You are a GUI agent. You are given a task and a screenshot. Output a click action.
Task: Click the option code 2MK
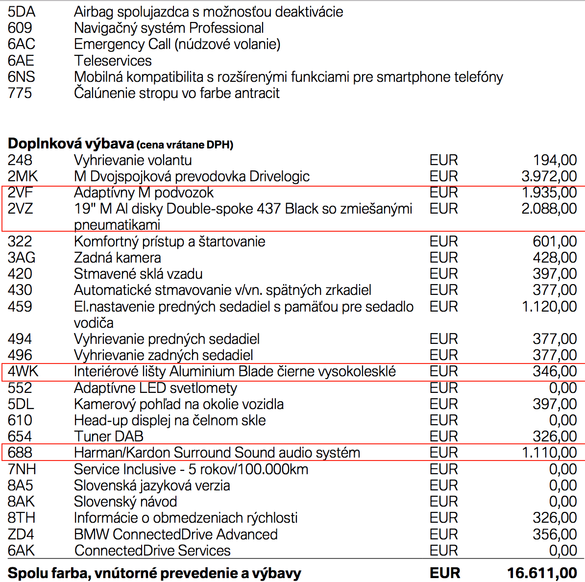(23, 176)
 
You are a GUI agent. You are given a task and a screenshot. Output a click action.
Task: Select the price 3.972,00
(549, 176)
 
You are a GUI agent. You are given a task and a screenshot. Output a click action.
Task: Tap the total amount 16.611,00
(541, 573)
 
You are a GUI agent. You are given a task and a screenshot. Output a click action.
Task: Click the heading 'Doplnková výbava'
(71, 144)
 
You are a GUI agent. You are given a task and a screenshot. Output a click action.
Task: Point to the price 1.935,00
(549, 193)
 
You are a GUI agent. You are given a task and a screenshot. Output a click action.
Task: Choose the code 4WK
(23, 371)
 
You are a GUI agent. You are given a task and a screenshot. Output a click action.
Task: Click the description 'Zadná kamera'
(117, 258)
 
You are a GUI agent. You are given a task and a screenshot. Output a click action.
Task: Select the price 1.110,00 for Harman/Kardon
(549, 453)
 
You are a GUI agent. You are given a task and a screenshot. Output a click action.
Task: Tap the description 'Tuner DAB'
(109, 436)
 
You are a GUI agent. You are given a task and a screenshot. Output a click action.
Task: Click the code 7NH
(22, 469)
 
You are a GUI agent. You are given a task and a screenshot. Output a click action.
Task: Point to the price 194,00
(555, 160)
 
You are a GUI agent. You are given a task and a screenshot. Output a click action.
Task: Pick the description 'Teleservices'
(113, 61)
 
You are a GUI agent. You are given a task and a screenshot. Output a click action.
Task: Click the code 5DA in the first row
(22, 12)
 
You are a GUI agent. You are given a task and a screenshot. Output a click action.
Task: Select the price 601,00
(555, 242)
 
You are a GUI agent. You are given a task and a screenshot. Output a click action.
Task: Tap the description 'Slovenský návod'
(125, 502)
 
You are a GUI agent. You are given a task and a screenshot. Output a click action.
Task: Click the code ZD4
(21, 534)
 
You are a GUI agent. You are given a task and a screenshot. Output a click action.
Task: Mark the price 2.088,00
(549, 209)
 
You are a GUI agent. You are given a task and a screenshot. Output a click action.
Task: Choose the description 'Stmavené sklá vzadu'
(138, 274)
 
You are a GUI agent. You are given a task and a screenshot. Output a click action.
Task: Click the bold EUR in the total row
(444, 573)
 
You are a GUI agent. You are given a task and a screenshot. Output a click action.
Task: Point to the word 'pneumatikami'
(117, 225)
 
